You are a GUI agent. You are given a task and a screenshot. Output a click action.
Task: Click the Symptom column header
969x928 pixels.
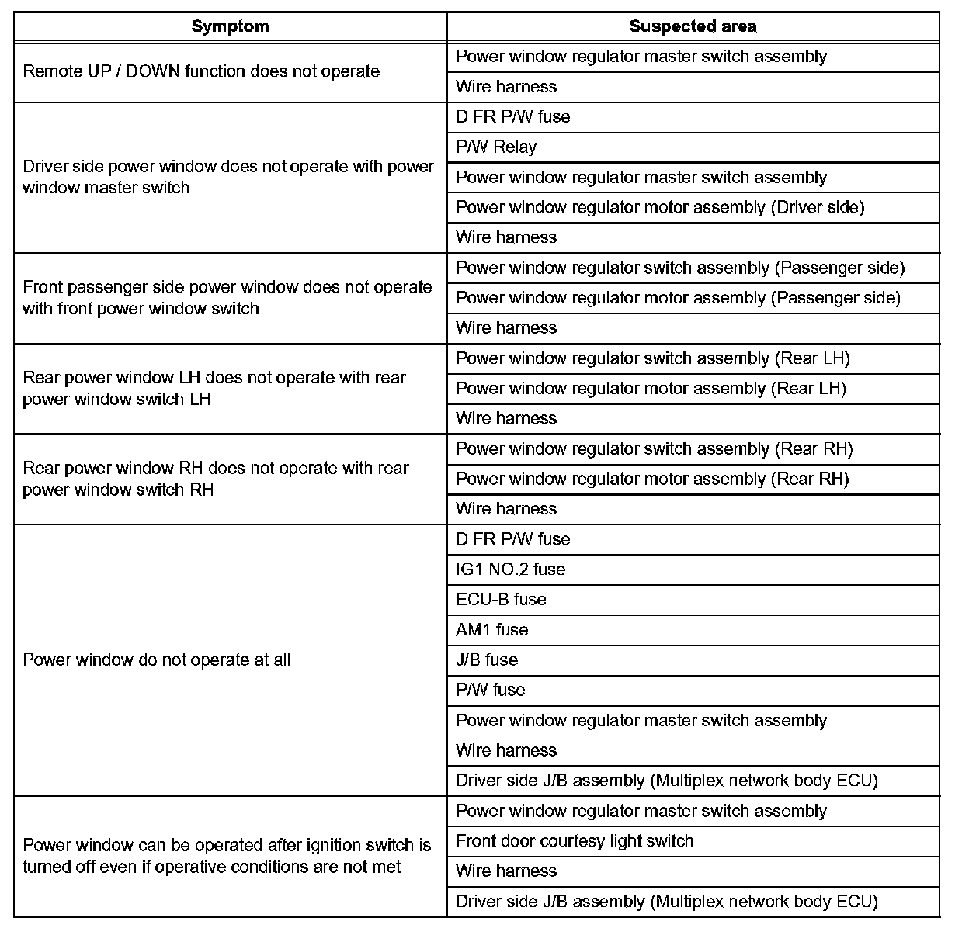pyautogui.click(x=230, y=26)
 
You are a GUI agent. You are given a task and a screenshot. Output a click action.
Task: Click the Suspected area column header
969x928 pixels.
pyautogui.click(x=693, y=26)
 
